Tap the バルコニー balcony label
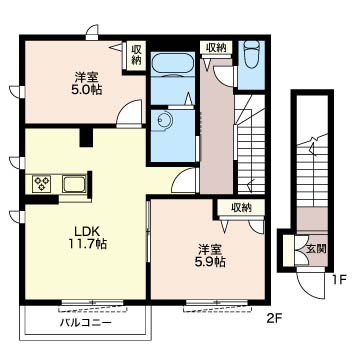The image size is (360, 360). point(86,323)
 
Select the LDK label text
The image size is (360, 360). point(87,231)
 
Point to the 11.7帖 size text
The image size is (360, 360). point(88,244)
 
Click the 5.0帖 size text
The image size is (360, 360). point(86,90)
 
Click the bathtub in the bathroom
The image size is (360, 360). point(173,64)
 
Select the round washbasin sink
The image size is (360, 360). point(163,119)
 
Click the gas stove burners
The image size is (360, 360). point(42,184)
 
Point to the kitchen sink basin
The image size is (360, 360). point(74,184)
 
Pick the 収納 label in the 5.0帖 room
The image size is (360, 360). point(136,55)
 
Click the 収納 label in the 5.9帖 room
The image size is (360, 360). point(241,208)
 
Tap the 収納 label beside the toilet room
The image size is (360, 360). point(216,48)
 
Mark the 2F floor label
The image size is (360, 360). point(274,318)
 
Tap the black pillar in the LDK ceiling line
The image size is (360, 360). point(86,137)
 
